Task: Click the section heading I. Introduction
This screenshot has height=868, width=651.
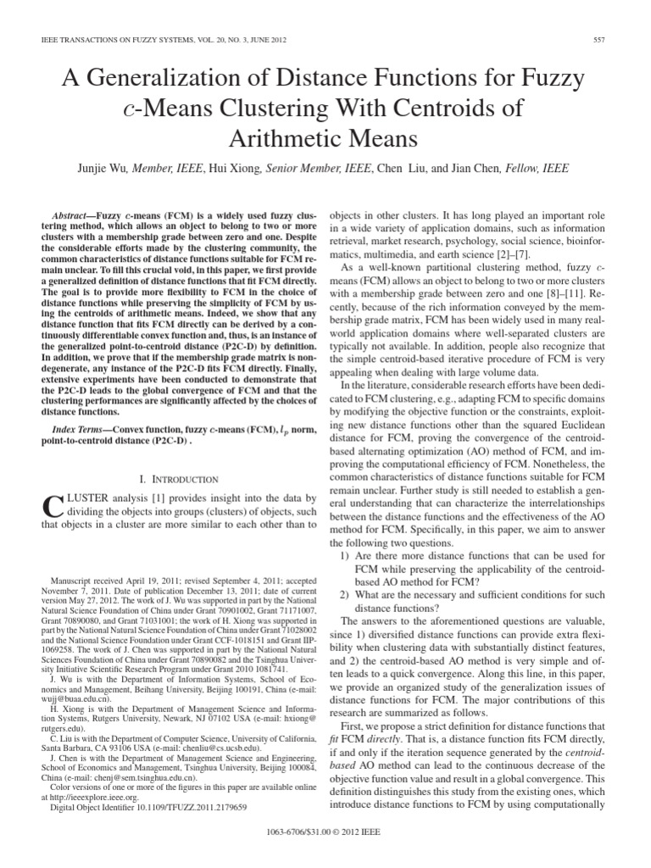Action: (181, 479)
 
